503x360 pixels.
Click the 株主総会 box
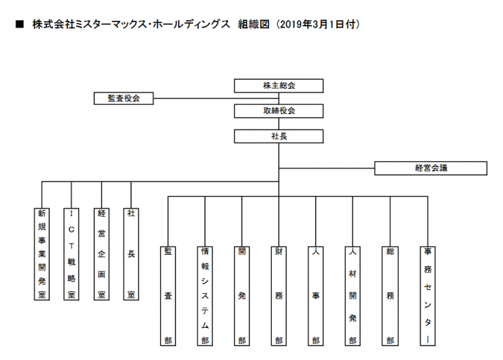coord(278,86)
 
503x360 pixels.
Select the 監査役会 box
coord(123,98)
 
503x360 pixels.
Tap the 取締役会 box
coord(278,111)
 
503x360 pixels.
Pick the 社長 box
coord(278,136)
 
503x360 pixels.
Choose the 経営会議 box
coord(430,168)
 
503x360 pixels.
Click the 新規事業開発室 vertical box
coord(42,254)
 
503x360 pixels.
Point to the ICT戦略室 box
coord(71,254)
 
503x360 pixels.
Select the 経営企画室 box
coord(102,254)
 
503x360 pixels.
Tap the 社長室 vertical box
coord(131,254)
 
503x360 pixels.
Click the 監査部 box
coord(168,295)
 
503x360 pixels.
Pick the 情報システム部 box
coord(205,295)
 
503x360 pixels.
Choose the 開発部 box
coord(242,295)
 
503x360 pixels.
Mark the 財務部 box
coord(279,295)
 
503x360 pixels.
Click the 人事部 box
coord(316,295)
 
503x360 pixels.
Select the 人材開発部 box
coord(353,295)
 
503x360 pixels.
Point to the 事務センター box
coord(427,295)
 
